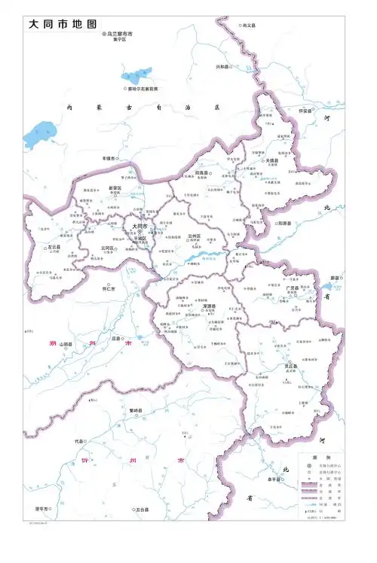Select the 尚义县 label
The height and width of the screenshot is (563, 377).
tap(248, 25)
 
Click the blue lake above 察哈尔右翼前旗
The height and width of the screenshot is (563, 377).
tap(136, 75)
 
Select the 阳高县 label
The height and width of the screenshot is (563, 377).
tap(202, 172)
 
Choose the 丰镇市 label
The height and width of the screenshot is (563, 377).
tap(109, 159)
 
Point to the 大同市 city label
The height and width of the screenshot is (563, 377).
tap(140, 225)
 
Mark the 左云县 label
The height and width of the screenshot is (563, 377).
tap(54, 246)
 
